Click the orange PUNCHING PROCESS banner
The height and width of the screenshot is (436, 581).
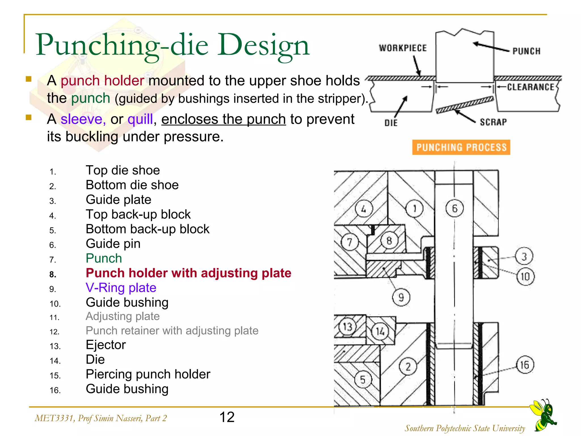[461, 147]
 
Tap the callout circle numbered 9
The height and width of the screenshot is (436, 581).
[401, 297]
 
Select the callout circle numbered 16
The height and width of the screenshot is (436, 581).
[525, 365]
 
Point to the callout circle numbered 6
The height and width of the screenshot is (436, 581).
[454, 209]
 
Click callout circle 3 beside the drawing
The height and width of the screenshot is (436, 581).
[524, 256]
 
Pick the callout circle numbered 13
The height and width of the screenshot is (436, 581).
[348, 326]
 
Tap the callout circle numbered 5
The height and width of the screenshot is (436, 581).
[363, 380]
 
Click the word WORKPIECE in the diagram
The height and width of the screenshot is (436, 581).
[403, 48]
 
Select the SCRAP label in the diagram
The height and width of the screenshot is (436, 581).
[493, 122]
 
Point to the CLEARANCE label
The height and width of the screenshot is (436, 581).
[531, 87]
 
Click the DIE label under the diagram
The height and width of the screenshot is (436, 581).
[391, 123]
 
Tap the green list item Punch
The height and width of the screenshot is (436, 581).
[104, 258]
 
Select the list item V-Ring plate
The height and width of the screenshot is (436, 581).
[121, 288]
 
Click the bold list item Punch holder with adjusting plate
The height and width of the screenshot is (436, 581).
[188, 273]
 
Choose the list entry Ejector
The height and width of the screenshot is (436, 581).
[106, 345]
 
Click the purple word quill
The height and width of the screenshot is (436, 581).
[140, 119]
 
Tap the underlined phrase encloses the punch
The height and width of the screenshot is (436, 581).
[224, 119]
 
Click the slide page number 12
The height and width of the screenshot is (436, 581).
[227, 417]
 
